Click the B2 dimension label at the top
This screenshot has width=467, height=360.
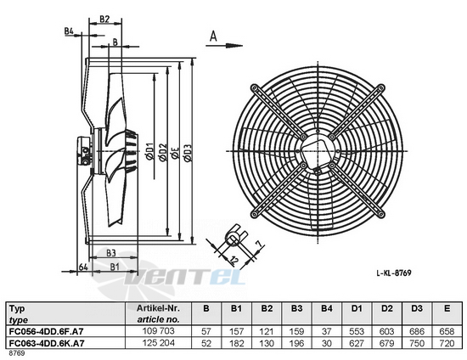point(104,19)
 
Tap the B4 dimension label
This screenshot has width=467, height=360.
point(69,31)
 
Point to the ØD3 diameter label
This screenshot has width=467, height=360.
point(188,153)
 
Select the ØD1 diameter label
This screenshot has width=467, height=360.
point(149,152)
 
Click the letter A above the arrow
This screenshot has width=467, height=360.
point(213,37)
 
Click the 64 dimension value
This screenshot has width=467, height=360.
point(83,267)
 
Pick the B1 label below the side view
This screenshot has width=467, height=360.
point(115,267)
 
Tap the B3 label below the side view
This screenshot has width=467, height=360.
point(110,253)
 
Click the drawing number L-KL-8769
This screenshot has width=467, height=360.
point(394,273)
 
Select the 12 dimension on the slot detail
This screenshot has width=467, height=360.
point(234,261)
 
